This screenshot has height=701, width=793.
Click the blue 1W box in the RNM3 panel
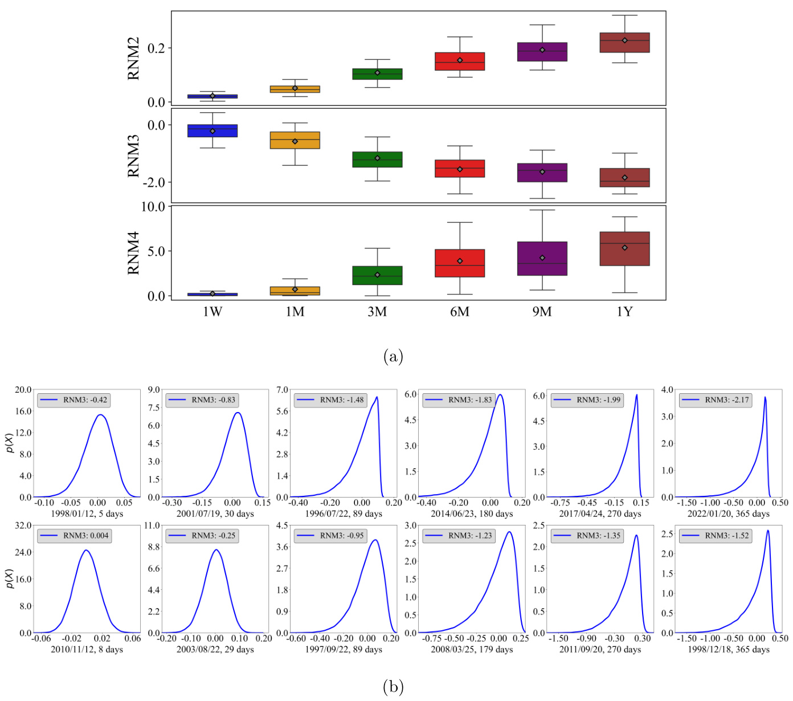click(x=212, y=131)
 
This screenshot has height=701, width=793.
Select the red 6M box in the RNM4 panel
click(x=460, y=263)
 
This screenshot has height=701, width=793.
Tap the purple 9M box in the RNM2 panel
click(x=542, y=51)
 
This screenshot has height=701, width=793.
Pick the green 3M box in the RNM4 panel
click(x=377, y=275)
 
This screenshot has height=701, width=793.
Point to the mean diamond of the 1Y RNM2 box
click(x=625, y=40)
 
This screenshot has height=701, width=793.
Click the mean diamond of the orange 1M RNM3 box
click(x=295, y=141)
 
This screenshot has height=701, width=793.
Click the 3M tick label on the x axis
click(x=377, y=312)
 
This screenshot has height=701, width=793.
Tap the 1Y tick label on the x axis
click(x=625, y=312)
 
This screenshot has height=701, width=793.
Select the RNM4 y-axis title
click(x=133, y=252)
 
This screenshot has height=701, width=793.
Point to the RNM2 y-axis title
click(x=133, y=59)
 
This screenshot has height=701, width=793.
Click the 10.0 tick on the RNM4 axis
click(x=153, y=207)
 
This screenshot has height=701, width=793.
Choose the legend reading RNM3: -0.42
click(x=72, y=400)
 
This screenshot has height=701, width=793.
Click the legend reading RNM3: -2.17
click(x=714, y=400)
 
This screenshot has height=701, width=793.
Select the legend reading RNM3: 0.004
click(x=72, y=536)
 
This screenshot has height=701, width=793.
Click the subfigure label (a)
click(x=394, y=357)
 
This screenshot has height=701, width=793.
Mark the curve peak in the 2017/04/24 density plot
click(x=636, y=395)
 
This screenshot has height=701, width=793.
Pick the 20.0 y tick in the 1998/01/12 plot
click(x=23, y=390)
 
